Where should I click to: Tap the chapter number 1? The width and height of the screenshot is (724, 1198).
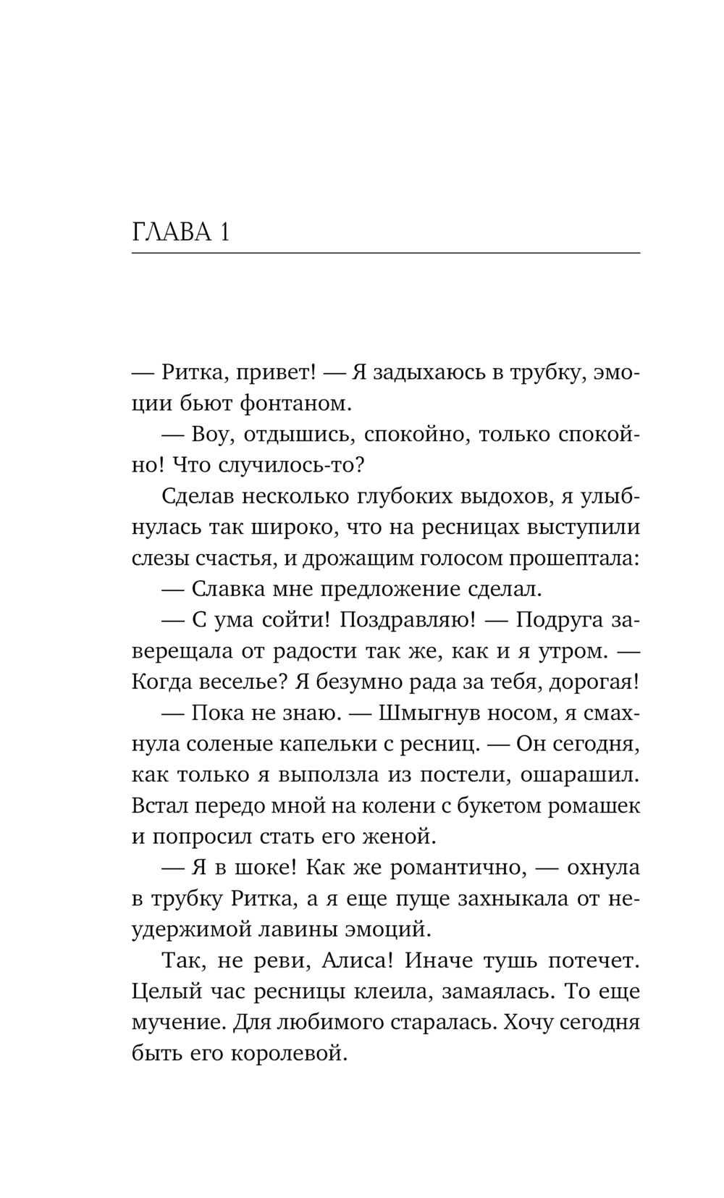tap(224, 233)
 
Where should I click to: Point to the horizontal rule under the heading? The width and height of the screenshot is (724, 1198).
tap(386, 253)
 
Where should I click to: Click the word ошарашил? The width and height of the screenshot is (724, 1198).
tap(580, 774)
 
